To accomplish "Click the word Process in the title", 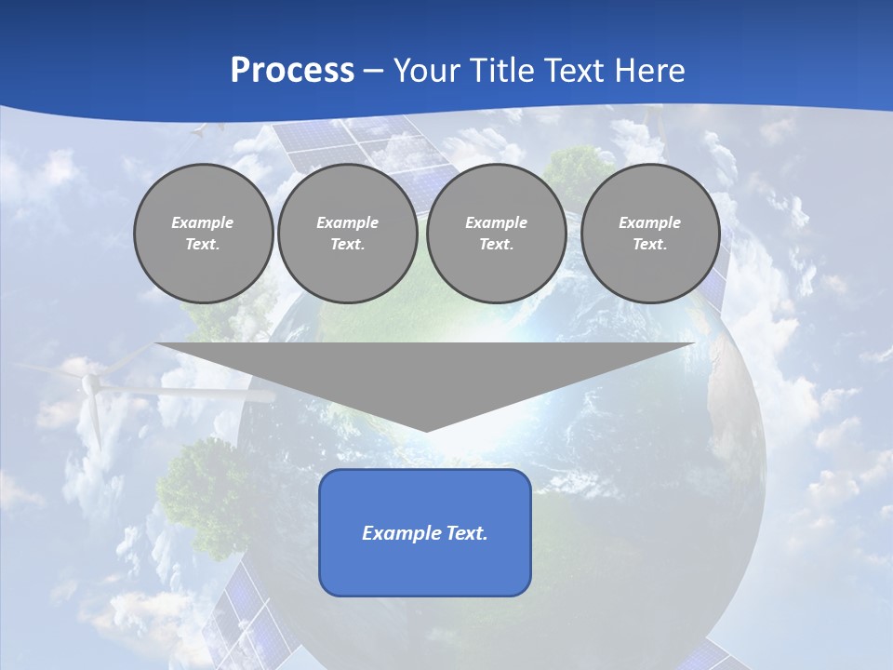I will [x=292, y=71].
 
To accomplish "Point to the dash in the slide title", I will [x=373, y=72].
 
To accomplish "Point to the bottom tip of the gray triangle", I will [x=426, y=429].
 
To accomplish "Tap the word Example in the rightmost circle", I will [x=649, y=222].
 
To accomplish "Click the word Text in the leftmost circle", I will [x=203, y=245].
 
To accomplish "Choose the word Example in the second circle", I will [x=347, y=222].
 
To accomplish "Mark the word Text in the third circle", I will [x=496, y=245].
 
